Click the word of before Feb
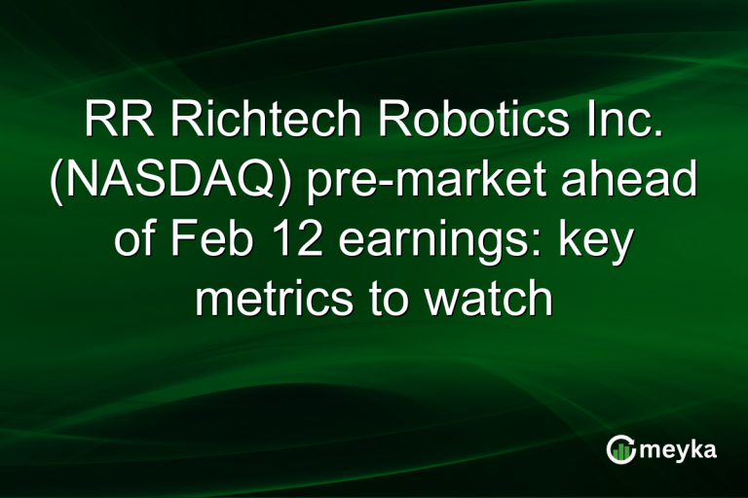pos(139,240)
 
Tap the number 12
pos(298,240)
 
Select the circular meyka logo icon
pos(620,448)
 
